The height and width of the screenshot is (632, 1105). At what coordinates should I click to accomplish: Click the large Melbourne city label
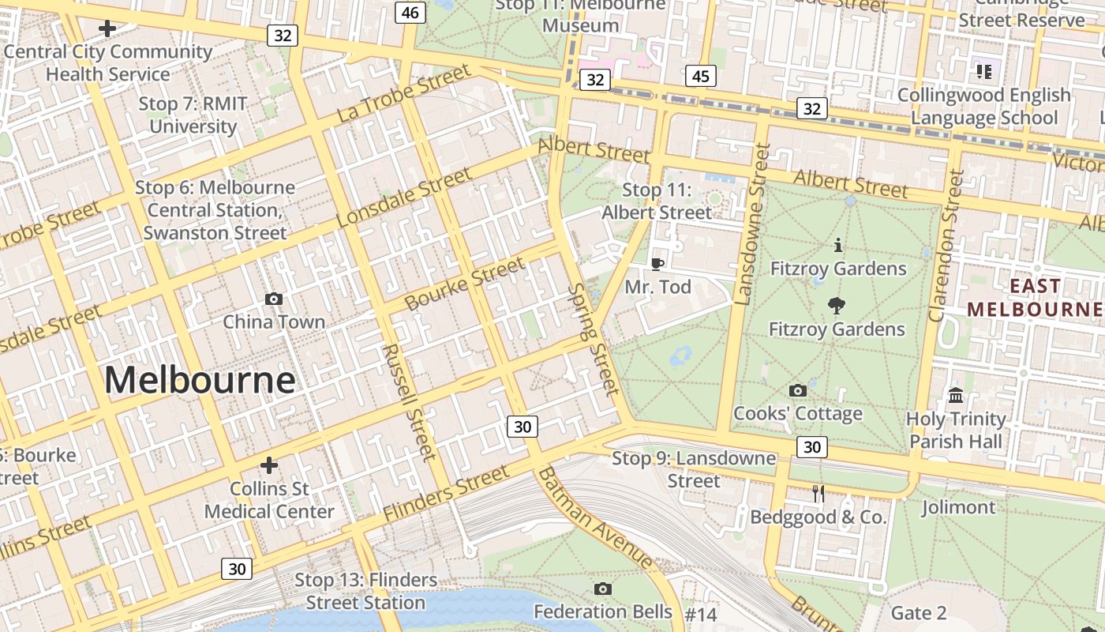pyautogui.click(x=200, y=380)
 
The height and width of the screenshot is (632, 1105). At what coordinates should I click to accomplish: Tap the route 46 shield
pyautogui.click(x=410, y=12)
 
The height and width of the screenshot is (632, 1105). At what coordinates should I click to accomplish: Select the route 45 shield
pyautogui.click(x=700, y=76)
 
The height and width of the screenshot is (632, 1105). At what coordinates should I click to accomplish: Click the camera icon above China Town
pyautogui.click(x=274, y=299)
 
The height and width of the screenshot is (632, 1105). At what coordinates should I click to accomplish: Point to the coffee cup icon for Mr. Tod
pyautogui.click(x=657, y=264)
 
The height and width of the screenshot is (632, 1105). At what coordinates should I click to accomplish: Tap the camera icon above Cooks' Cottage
pyautogui.click(x=798, y=390)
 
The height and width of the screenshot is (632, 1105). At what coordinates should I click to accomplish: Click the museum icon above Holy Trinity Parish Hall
pyautogui.click(x=956, y=395)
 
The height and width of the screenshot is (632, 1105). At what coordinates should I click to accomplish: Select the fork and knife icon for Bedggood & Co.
pyautogui.click(x=818, y=494)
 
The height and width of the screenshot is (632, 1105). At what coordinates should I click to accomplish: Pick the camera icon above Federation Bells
pyautogui.click(x=603, y=589)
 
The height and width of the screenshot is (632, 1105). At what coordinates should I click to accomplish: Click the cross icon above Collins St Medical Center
pyautogui.click(x=269, y=465)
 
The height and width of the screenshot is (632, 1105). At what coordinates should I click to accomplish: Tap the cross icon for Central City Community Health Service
pyautogui.click(x=107, y=29)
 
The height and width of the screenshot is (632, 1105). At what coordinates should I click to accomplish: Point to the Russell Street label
pyautogui.click(x=409, y=402)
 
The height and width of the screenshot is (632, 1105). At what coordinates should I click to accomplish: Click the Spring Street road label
pyautogui.click(x=594, y=339)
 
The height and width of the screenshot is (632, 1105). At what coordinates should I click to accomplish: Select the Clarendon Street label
pyautogui.click(x=946, y=246)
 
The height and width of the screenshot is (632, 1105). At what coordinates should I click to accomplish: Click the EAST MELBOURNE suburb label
pyautogui.click(x=1036, y=297)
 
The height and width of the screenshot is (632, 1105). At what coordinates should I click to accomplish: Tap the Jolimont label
pyautogui.click(x=958, y=507)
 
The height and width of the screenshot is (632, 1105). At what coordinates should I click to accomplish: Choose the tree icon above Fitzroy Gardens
pyautogui.click(x=837, y=306)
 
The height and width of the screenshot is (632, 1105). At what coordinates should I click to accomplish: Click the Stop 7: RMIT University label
pyautogui.click(x=193, y=115)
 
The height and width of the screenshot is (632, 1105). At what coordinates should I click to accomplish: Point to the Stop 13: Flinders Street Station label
pyautogui.click(x=365, y=591)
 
